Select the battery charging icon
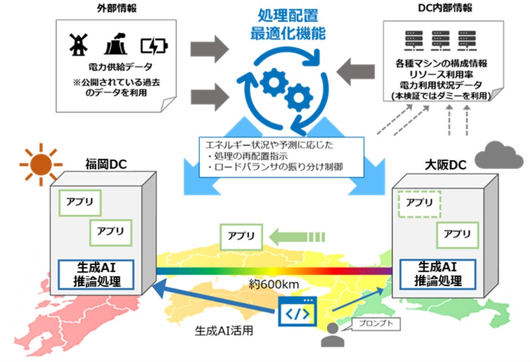154,45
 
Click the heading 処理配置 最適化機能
287,26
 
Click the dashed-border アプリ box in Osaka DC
419,203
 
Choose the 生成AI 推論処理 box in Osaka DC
439,274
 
